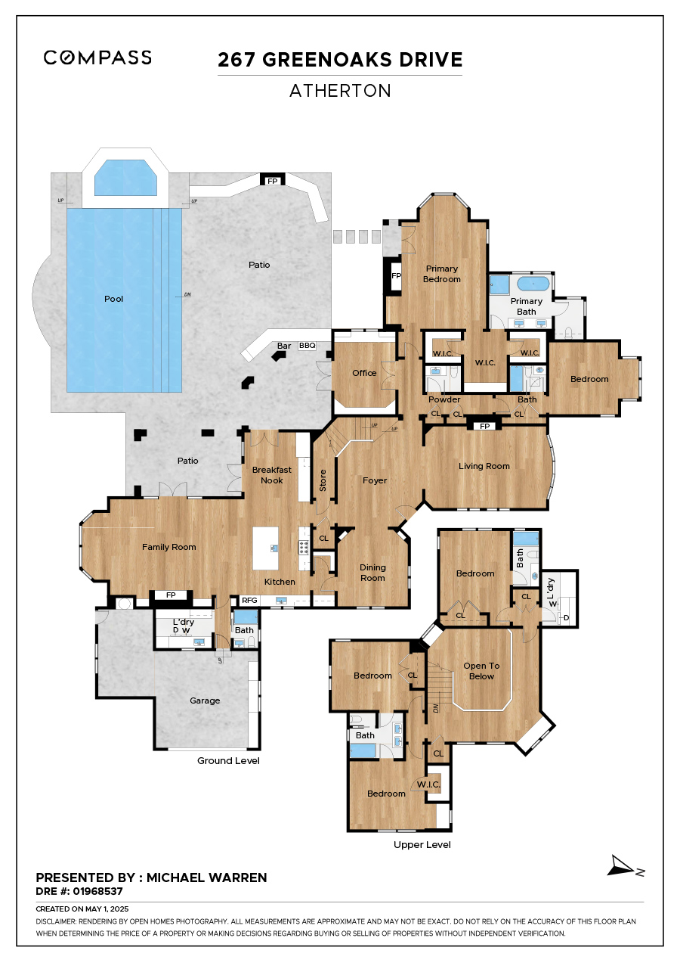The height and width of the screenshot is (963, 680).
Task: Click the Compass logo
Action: pyautogui.click(x=97, y=57)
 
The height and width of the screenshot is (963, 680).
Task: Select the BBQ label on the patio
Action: pyautogui.click(x=307, y=345)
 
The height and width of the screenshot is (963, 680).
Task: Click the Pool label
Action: pyautogui.click(x=114, y=299)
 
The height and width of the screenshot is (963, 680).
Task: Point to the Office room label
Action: pyautogui.click(x=364, y=373)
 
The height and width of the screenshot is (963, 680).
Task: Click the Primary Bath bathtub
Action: pyautogui.click(x=533, y=284)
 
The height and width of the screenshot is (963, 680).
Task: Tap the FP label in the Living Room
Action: pyautogui.click(x=484, y=426)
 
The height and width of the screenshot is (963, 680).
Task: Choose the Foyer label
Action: pyautogui.click(x=375, y=480)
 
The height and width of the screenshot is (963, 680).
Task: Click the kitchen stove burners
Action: pyautogui.click(x=304, y=547)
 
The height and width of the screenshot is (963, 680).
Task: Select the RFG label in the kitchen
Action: pyautogui.click(x=249, y=600)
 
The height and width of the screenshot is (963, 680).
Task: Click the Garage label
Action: pyautogui.click(x=205, y=701)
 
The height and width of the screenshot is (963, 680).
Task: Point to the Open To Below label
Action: pyautogui.click(x=481, y=671)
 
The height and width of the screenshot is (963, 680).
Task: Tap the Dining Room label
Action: pyautogui.click(x=372, y=573)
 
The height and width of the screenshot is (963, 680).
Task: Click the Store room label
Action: pyautogui.click(x=323, y=480)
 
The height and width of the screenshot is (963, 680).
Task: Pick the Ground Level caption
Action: pyautogui.click(x=228, y=760)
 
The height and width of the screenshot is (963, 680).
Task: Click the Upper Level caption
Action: pyautogui.click(x=422, y=844)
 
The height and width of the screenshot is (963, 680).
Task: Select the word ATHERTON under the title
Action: pyautogui.click(x=340, y=91)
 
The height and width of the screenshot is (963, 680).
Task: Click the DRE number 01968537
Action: pyautogui.click(x=98, y=891)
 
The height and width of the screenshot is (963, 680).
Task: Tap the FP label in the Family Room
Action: pyautogui.click(x=171, y=595)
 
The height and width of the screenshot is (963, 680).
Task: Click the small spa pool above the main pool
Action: pyautogui.click(x=125, y=178)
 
